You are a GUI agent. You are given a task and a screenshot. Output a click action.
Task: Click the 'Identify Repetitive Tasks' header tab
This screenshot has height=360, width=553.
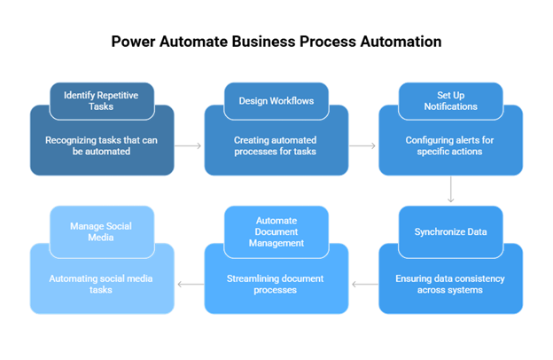[x=101, y=100]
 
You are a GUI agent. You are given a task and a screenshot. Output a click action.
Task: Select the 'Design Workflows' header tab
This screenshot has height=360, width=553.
[x=276, y=100]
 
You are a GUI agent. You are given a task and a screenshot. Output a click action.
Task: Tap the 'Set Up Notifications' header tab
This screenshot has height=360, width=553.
[x=450, y=100]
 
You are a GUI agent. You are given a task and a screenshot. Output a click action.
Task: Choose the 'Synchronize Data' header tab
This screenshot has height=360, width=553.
[x=450, y=232]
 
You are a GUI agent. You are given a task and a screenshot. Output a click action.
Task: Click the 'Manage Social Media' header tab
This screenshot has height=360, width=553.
[x=101, y=231]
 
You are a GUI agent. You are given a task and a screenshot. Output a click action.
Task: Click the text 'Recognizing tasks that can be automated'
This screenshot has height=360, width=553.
[x=101, y=145]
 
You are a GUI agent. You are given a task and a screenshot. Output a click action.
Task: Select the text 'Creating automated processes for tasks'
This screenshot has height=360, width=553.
[x=276, y=145]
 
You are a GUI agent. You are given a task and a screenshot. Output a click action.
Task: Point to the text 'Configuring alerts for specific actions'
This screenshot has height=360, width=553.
[x=450, y=145]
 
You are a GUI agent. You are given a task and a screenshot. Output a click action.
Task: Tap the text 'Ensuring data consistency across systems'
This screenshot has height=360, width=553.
[x=450, y=284]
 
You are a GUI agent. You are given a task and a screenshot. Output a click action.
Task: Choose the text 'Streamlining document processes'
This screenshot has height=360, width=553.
[x=276, y=284]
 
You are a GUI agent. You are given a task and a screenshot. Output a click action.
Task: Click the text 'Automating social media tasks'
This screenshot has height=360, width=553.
[x=101, y=284]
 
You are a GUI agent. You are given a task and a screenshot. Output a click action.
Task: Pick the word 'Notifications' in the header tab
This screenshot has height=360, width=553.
[x=450, y=106]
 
